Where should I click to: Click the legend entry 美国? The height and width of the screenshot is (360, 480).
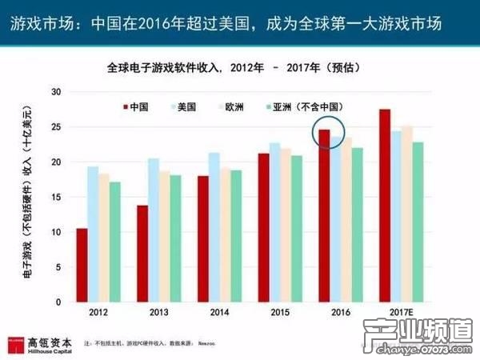pos(184,106)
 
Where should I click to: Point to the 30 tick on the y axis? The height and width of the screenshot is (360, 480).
pos(55,91)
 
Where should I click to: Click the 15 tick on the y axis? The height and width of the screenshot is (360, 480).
pos(55,197)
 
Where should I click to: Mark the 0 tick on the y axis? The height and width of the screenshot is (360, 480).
pos(58,302)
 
